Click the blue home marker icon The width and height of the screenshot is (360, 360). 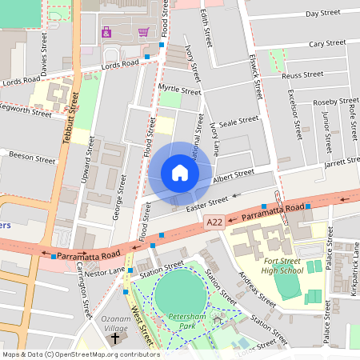(x=180, y=172)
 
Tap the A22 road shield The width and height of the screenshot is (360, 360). (x=213, y=222)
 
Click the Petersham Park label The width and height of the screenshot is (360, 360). (x=189, y=322)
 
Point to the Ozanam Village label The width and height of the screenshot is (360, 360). (x=115, y=322)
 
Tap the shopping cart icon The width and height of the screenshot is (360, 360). (x=143, y=32)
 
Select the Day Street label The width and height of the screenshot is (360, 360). (x=323, y=14)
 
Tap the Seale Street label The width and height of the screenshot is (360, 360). (x=239, y=121)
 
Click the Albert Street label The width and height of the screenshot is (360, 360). (x=233, y=174)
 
